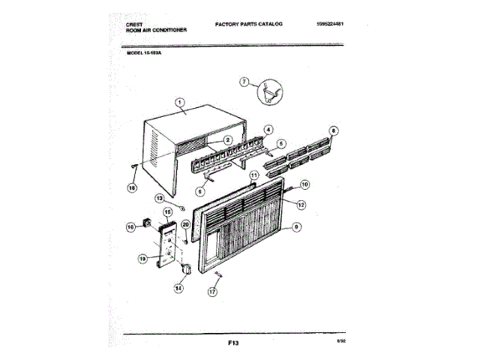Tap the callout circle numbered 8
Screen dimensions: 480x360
tap(334, 130)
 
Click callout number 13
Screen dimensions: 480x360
tap(160, 197)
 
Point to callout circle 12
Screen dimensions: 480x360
tap(301, 203)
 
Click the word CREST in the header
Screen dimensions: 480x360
tap(135, 24)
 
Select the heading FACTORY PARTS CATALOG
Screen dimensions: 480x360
tap(248, 24)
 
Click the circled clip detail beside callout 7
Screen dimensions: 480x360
tap(268, 93)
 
